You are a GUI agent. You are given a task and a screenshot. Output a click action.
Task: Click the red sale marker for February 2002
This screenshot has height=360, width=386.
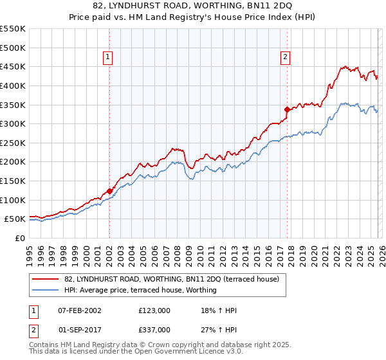(109, 191)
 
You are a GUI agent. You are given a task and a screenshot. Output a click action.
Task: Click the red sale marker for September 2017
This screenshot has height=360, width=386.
(287, 109)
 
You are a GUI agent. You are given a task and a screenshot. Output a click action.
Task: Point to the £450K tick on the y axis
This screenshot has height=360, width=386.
(13, 66)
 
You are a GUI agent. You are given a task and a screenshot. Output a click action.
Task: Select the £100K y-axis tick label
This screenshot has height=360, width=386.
(13, 200)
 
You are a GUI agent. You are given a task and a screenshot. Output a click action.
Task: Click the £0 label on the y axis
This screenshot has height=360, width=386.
(20, 238)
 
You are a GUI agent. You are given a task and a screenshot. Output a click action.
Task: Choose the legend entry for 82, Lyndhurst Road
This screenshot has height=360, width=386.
(171, 279)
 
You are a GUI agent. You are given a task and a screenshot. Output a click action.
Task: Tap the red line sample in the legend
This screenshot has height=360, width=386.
(46, 279)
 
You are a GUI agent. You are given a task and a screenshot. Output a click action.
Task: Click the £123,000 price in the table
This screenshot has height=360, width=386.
(154, 310)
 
